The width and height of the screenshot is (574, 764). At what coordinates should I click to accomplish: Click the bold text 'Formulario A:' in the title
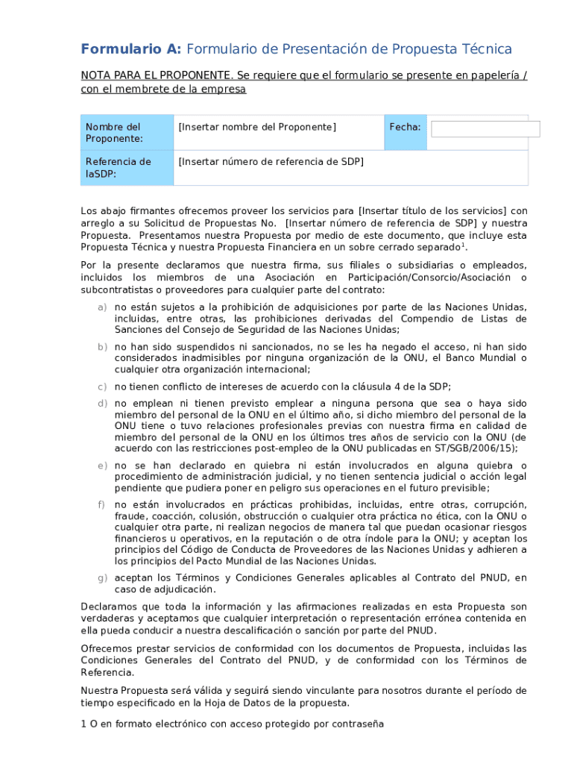click(x=130, y=49)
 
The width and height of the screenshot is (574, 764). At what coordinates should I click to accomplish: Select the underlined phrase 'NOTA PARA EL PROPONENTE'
click(x=154, y=75)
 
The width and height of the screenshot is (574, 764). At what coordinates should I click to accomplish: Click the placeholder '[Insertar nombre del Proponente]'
click(x=257, y=127)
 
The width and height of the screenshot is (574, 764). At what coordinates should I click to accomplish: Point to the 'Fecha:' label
click(x=405, y=128)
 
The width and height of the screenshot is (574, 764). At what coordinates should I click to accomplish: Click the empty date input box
click(x=485, y=129)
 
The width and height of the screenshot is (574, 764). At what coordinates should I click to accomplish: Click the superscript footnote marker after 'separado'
click(x=463, y=244)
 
